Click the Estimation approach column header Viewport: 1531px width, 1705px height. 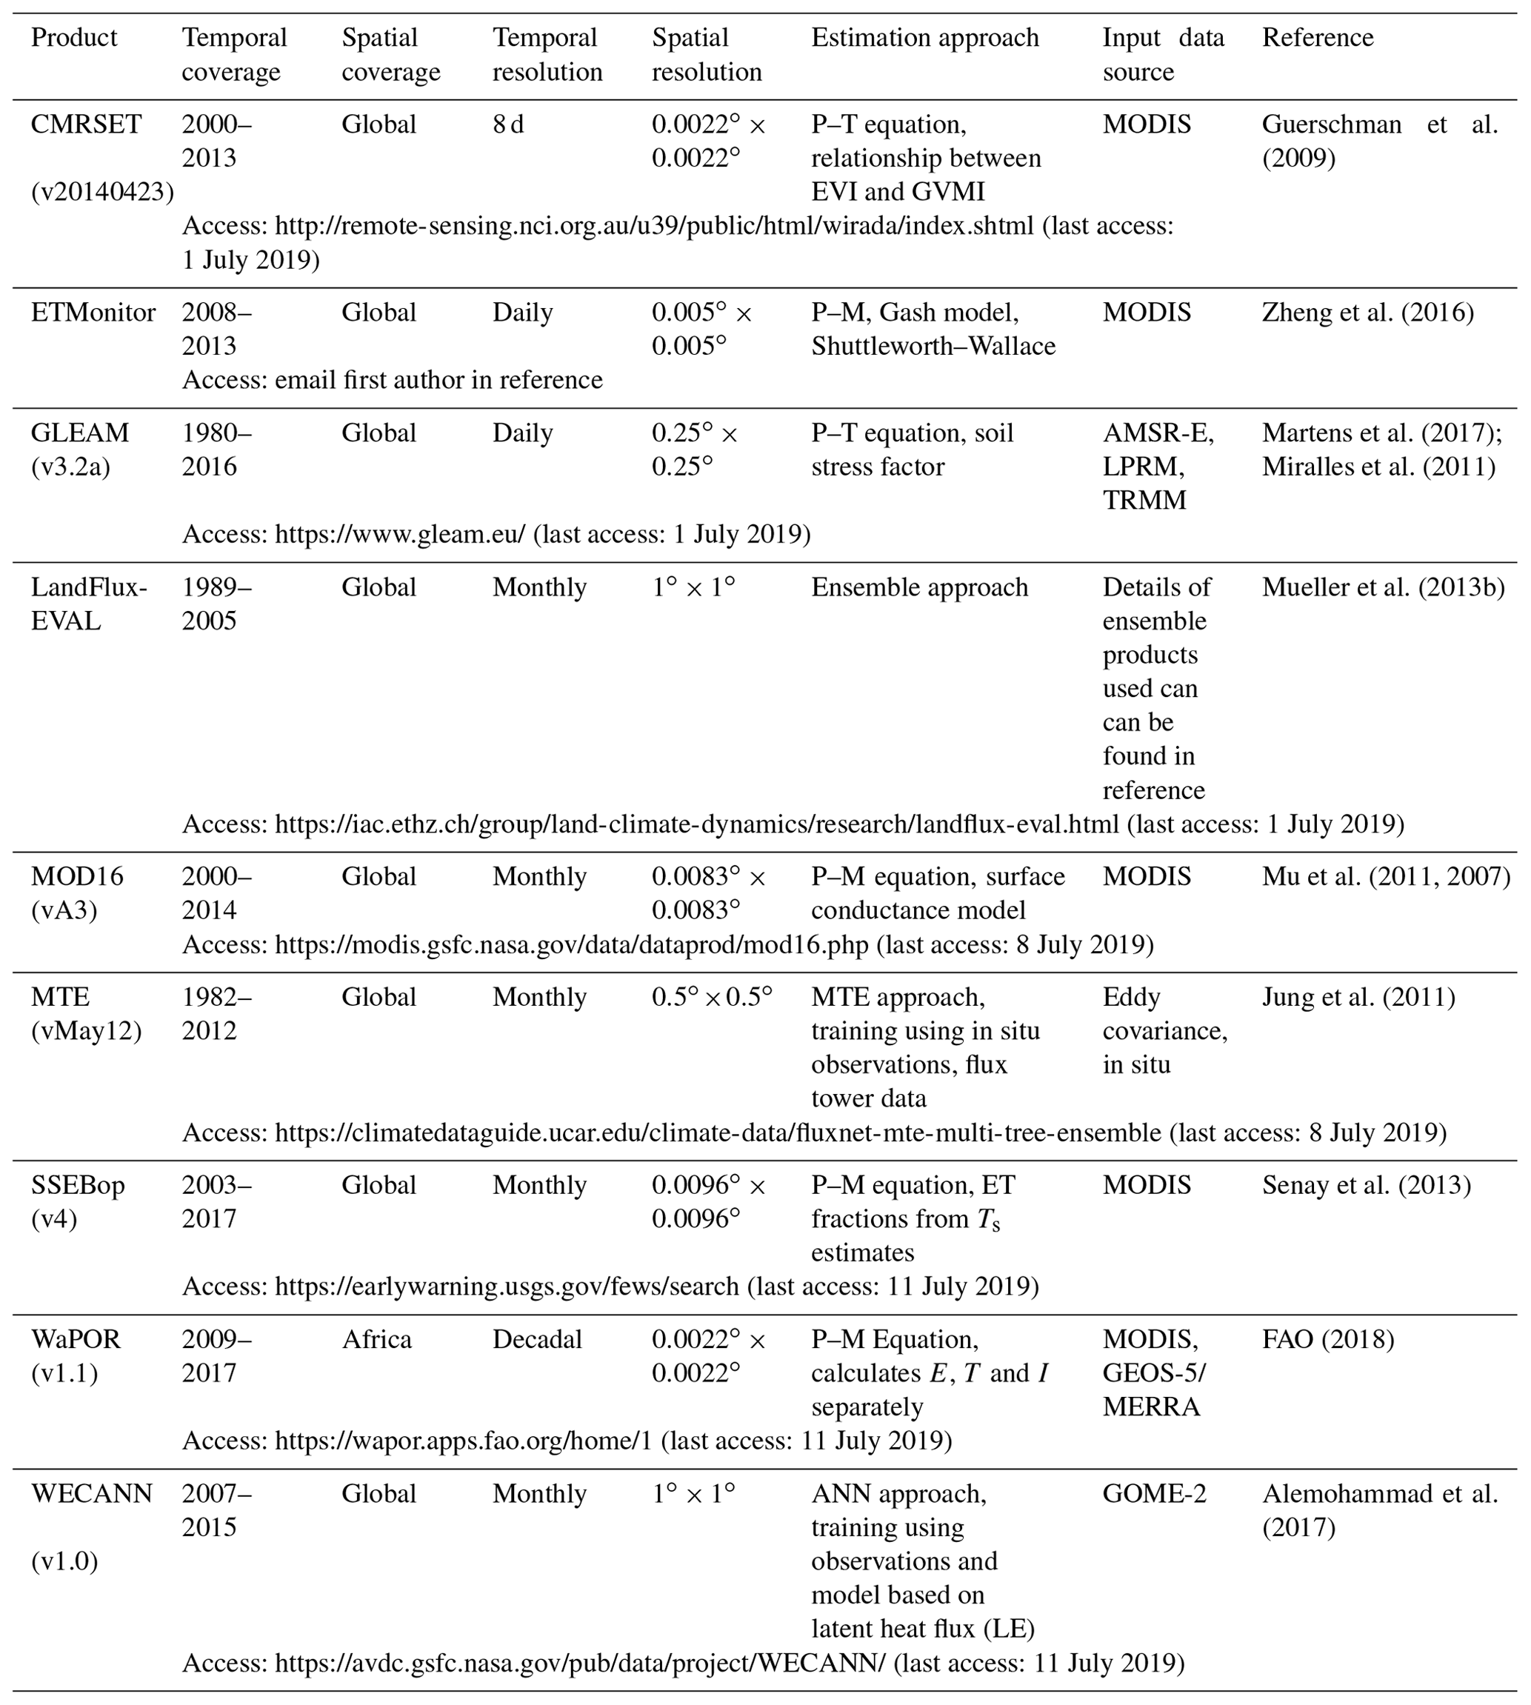924,38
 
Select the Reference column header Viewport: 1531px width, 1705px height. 1318,38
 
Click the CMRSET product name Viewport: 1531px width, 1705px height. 86,124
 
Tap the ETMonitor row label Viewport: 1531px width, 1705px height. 93,313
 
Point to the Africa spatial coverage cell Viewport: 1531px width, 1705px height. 376,1339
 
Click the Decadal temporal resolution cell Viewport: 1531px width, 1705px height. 537,1339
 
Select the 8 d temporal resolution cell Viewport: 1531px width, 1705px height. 508,124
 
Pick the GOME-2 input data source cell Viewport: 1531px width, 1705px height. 1154,1493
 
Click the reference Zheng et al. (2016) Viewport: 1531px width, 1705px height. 1368,313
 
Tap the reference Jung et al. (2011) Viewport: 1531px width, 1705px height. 1358,997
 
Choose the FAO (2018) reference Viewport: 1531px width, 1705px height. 1328,1339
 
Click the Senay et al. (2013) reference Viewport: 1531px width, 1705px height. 1366,1185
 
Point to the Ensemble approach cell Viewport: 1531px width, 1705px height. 919,587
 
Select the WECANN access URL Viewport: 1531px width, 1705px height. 580,1663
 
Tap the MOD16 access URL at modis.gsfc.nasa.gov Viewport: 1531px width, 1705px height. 571,944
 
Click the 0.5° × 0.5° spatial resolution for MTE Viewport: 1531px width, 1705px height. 712,997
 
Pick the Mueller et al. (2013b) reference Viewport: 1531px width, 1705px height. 1383,587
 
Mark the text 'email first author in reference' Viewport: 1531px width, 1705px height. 438,380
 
